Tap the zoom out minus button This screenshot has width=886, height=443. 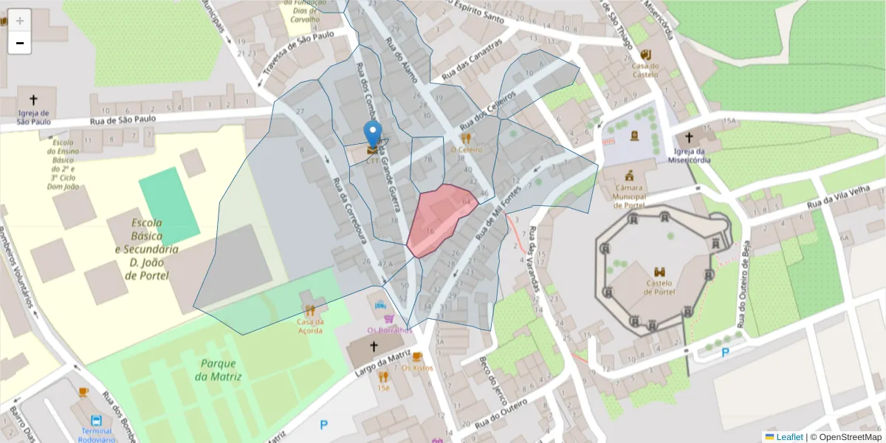(20, 44)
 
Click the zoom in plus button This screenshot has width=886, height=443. (20, 21)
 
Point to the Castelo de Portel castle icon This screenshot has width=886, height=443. (659, 272)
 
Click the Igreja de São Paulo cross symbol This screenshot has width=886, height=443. (33, 99)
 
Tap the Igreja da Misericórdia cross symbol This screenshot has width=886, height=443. (689, 137)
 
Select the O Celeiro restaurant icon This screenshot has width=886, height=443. (466, 137)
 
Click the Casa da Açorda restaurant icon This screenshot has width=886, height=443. (310, 311)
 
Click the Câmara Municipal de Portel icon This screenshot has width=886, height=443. (629, 176)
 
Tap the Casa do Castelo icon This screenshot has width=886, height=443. (645, 54)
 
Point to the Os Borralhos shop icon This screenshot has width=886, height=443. (389, 319)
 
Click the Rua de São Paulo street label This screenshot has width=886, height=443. (123, 118)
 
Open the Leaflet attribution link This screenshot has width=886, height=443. (789, 436)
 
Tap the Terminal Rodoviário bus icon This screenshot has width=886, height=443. (97, 421)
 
